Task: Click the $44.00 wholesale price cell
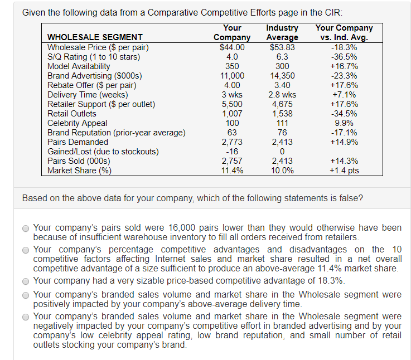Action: (x=232, y=47)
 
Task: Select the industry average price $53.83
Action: (x=282, y=47)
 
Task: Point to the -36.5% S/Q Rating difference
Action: (x=344, y=57)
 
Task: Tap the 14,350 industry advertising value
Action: (x=282, y=76)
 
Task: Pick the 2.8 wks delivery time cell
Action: (x=282, y=95)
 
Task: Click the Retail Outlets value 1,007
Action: (x=232, y=114)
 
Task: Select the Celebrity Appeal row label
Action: (x=77, y=123)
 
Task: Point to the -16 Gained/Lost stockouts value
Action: (x=232, y=152)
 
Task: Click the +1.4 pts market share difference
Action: (x=344, y=171)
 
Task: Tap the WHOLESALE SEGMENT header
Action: (x=95, y=37)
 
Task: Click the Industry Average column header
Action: (x=282, y=32)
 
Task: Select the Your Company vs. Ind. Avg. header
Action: (x=344, y=32)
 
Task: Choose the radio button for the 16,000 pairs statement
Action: (x=26, y=228)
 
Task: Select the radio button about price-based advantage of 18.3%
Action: (x=26, y=280)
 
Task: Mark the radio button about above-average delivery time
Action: (x=26, y=295)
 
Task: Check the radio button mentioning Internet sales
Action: (x=26, y=250)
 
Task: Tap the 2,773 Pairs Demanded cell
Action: (x=232, y=142)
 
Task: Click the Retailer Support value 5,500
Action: (x=232, y=104)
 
